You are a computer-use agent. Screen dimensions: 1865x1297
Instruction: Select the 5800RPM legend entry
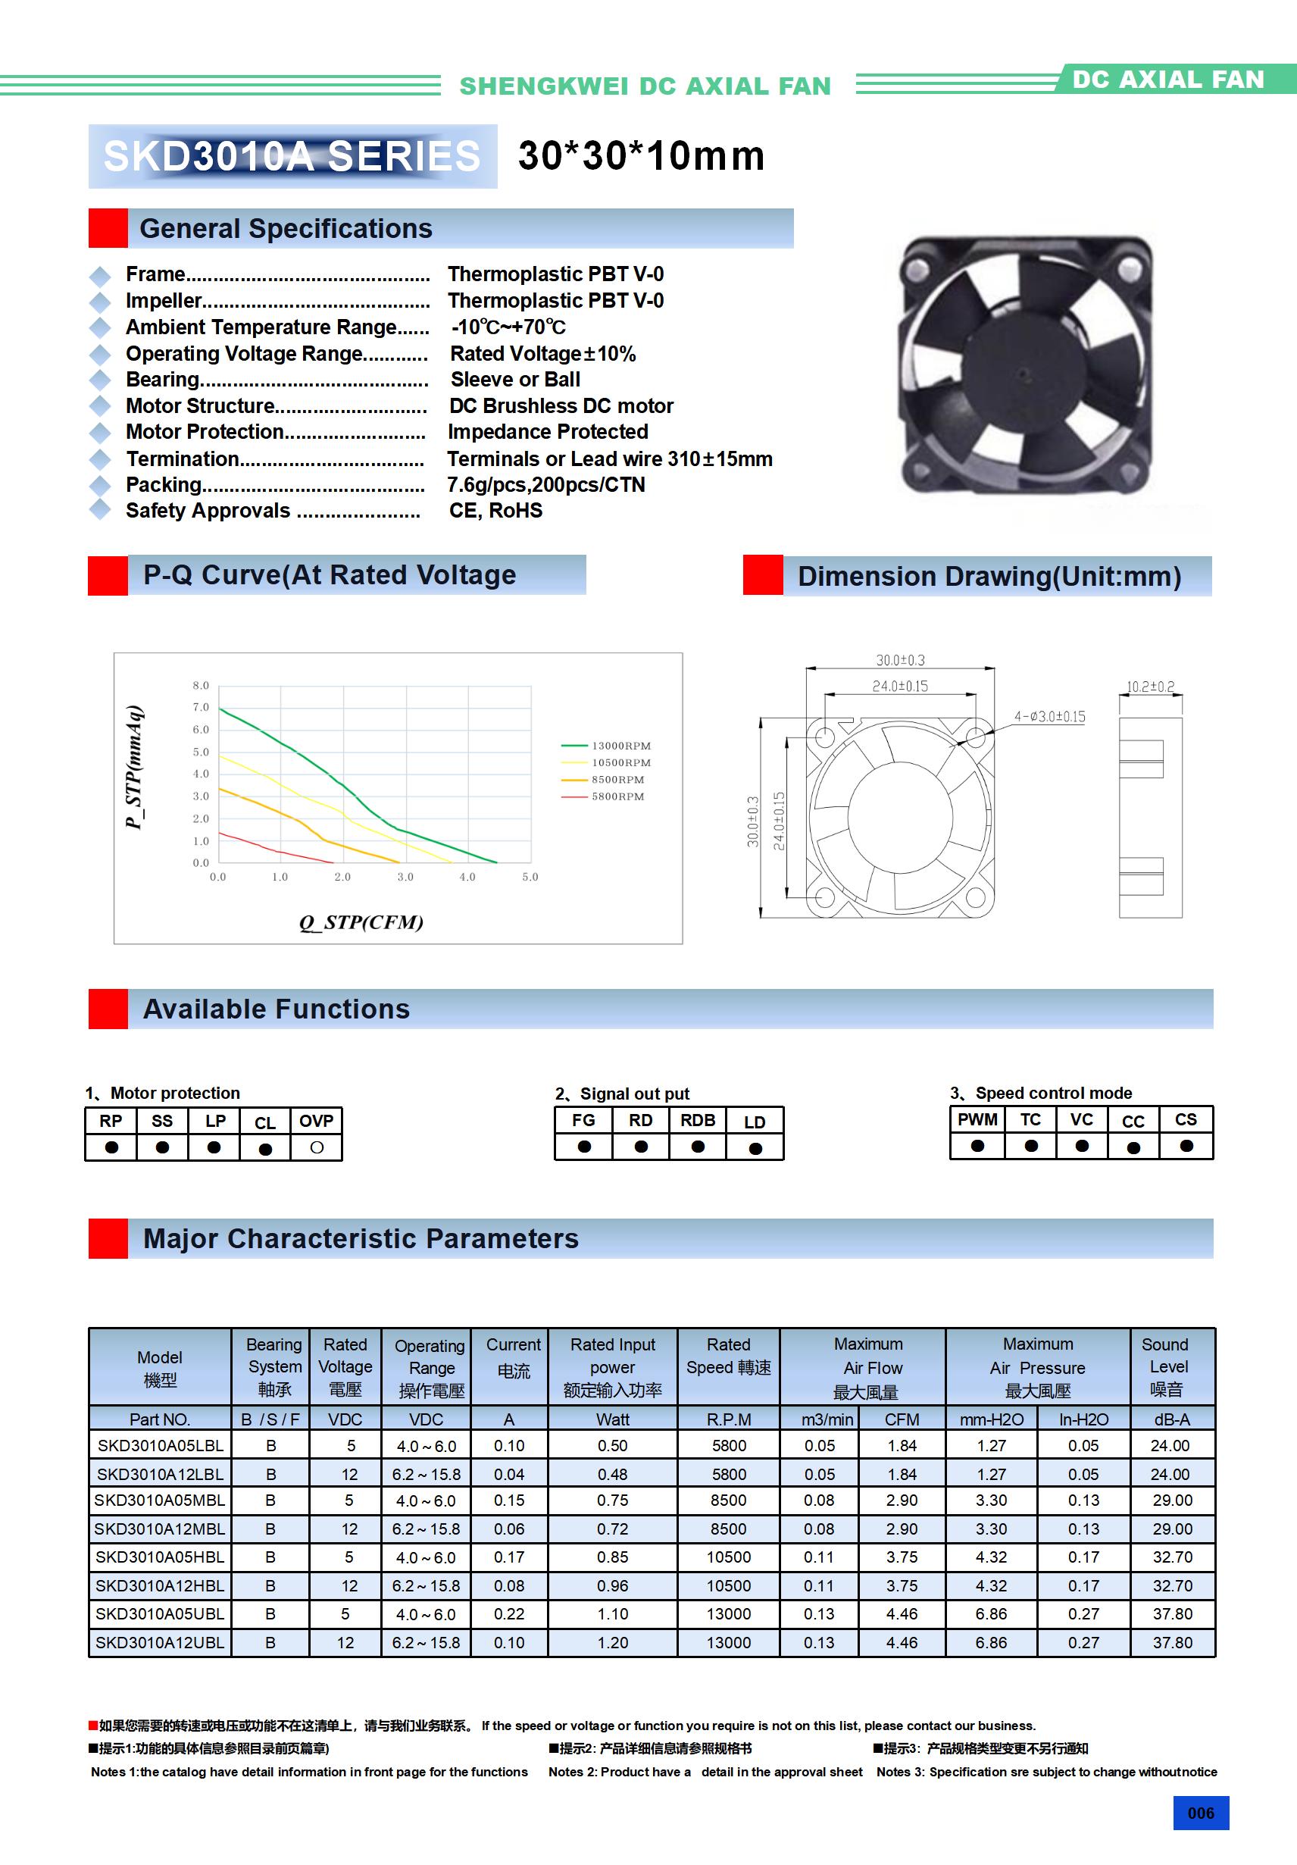(617, 796)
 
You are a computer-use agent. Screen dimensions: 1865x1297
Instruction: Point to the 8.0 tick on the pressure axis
(201, 686)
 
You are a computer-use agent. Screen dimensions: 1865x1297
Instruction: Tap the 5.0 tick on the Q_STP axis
(530, 878)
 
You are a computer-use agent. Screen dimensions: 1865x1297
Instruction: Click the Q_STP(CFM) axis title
(361, 922)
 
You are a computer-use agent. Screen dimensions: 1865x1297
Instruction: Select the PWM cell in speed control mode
(977, 1119)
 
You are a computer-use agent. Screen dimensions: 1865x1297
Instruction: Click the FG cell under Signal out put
(583, 1120)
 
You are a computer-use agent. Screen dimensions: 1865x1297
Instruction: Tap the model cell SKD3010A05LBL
(160, 1445)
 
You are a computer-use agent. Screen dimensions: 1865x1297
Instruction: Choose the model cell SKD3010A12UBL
(160, 1642)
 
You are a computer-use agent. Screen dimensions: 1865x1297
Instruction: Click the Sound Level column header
(1165, 1367)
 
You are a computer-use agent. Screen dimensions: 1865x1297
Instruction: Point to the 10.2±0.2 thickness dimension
(1150, 687)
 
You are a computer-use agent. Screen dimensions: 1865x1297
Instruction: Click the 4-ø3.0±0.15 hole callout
(1049, 716)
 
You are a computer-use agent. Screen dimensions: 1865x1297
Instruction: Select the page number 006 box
(1200, 1813)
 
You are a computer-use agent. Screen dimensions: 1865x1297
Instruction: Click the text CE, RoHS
(495, 511)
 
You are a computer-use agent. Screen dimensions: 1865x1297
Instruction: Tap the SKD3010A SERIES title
(292, 156)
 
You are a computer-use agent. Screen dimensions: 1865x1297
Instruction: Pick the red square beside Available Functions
(108, 1009)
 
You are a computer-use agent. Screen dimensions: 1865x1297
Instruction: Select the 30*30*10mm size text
(641, 156)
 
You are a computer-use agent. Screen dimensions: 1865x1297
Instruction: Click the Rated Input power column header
(612, 1367)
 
